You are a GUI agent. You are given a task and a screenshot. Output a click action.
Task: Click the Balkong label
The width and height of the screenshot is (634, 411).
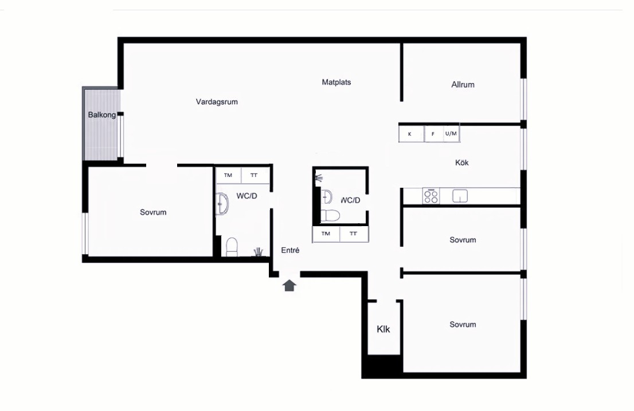102,115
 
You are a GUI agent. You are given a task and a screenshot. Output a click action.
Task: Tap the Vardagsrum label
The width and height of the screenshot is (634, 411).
217,102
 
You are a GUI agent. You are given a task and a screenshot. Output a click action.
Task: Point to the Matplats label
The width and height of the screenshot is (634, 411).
336,82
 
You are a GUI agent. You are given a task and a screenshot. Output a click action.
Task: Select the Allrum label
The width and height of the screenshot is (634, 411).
463,85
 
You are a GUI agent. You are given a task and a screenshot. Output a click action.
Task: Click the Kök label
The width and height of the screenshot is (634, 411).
462,163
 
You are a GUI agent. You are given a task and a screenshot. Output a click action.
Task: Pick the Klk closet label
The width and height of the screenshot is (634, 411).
383,330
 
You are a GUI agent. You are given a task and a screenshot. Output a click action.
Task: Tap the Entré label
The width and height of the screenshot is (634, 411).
290,250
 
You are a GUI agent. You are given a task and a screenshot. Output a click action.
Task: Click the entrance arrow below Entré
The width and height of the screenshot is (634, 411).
289,286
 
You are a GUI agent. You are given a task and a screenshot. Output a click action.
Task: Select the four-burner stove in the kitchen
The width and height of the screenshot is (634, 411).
431,196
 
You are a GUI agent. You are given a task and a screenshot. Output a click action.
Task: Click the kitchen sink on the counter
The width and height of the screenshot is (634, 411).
460,196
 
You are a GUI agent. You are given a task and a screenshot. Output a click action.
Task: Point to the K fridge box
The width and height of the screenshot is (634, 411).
411,133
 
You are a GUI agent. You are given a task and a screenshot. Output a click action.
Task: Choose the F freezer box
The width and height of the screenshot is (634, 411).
433,133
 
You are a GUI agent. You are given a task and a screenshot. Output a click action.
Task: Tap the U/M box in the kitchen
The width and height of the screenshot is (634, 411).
451,133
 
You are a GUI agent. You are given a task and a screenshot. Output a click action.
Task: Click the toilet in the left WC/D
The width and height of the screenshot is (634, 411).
232,247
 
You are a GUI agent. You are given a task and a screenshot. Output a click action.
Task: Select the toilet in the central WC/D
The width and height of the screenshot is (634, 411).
330,216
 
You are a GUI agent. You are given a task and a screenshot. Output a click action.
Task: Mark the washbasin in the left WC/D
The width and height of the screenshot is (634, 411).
222,203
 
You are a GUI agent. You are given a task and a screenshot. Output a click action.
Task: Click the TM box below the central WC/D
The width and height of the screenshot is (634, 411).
326,234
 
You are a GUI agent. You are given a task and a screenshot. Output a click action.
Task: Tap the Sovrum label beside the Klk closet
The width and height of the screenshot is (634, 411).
463,325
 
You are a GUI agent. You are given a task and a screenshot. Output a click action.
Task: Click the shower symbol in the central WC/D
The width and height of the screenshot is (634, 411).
319,177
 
